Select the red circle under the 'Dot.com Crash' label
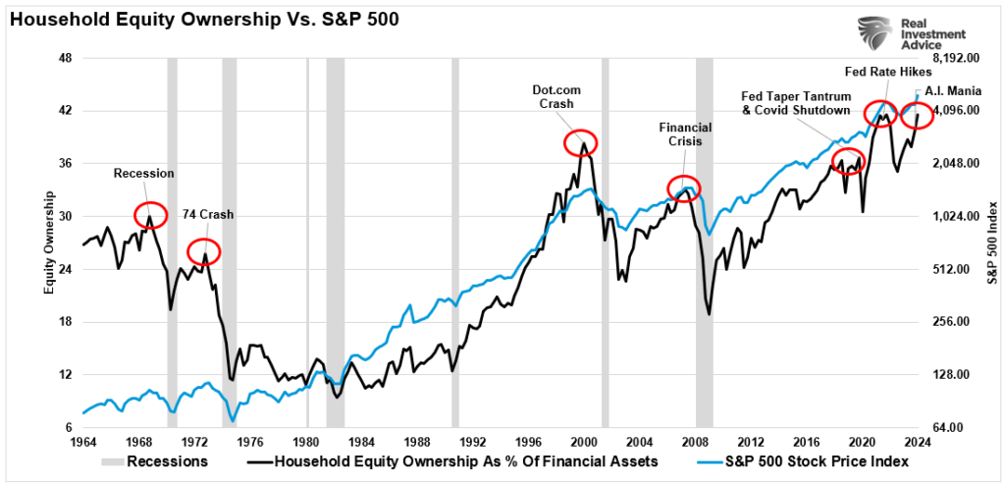click(x=581, y=142)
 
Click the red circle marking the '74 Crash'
click(x=204, y=252)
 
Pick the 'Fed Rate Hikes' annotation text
click(x=881, y=71)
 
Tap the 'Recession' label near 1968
click(x=143, y=174)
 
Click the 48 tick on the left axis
click(x=66, y=58)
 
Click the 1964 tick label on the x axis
click(x=82, y=442)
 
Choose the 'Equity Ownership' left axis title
click(x=46, y=242)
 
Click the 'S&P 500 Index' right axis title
click(x=991, y=242)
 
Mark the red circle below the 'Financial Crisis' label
click(x=683, y=188)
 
